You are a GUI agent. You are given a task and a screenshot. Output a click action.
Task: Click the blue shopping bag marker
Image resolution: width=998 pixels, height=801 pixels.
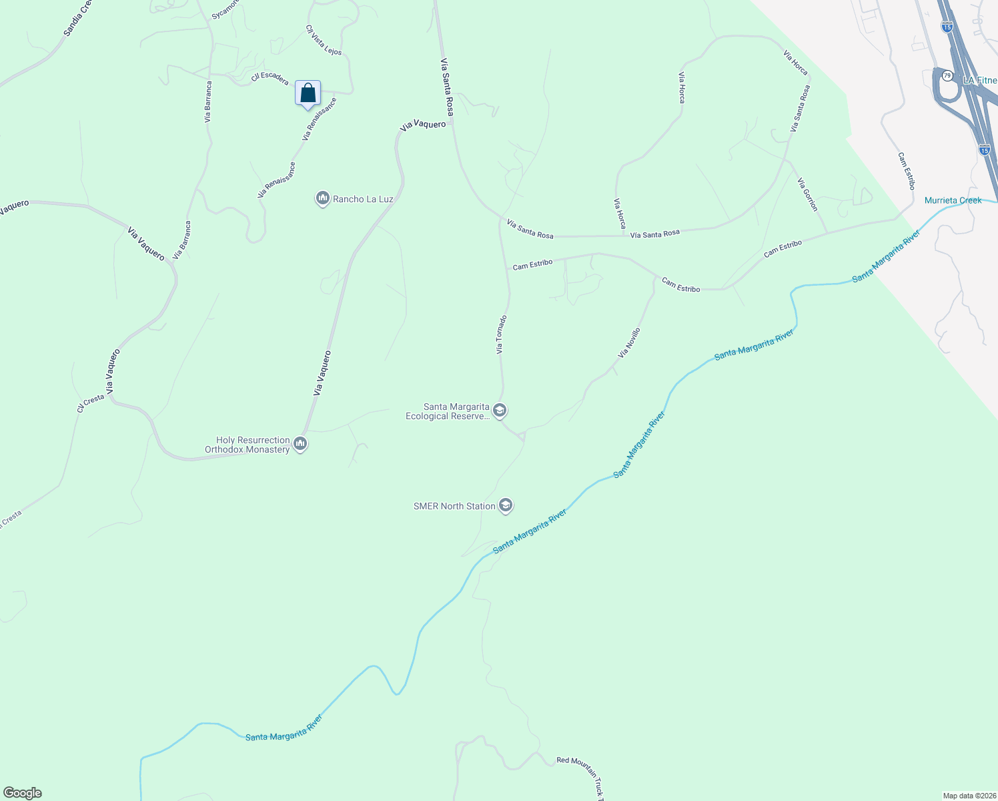click(x=308, y=93)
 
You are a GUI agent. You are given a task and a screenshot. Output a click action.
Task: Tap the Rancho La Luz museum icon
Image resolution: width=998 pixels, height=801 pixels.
click(x=323, y=198)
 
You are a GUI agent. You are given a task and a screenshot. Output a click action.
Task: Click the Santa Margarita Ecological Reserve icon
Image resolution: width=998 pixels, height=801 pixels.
click(x=500, y=410)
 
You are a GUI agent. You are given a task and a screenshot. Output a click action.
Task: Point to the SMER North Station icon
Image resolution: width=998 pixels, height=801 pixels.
click(x=506, y=505)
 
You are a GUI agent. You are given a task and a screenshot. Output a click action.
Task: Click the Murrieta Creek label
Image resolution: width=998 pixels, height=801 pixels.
click(x=953, y=200)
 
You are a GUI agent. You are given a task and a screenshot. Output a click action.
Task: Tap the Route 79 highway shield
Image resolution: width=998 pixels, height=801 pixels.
click(x=947, y=75)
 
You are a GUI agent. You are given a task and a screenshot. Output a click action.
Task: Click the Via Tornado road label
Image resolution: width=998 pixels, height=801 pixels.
click(x=501, y=334)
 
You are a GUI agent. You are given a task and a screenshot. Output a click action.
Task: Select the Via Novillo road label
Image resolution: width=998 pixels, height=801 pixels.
click(x=629, y=343)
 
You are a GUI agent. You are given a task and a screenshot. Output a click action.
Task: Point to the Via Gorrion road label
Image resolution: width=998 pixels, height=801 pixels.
click(x=807, y=194)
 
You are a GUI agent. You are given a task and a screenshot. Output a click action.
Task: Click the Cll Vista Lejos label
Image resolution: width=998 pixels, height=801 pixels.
click(x=324, y=40)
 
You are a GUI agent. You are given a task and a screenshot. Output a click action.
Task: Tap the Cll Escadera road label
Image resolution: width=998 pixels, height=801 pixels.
click(x=270, y=77)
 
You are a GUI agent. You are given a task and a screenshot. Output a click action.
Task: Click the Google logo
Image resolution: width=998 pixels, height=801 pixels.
click(x=23, y=793)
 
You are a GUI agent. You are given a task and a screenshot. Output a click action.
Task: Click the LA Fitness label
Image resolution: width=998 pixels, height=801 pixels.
click(x=979, y=80)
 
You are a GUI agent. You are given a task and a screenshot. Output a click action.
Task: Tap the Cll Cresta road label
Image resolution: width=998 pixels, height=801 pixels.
click(x=91, y=403)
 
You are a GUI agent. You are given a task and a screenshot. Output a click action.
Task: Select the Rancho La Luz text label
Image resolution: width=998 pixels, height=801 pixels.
click(x=363, y=199)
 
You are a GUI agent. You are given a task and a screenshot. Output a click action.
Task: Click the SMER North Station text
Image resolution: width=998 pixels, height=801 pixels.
click(x=454, y=506)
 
